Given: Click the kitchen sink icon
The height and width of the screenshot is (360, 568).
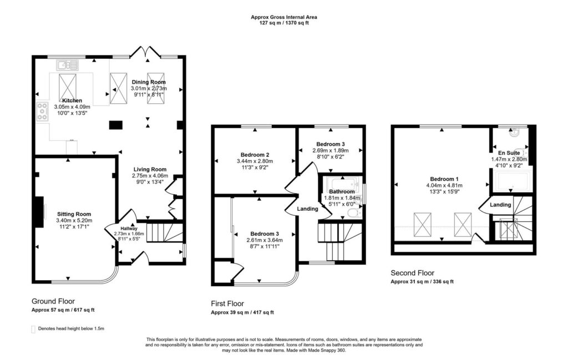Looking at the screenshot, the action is click(x=67, y=65).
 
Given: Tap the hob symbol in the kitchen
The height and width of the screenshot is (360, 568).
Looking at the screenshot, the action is click(x=42, y=111).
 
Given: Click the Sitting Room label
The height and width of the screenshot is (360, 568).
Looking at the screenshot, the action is click(x=74, y=214).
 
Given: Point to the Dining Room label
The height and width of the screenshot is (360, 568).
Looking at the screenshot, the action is click(x=149, y=82).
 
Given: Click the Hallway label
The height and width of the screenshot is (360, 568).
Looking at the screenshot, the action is click(x=129, y=229).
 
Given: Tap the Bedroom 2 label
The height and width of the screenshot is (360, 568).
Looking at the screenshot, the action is click(x=255, y=155).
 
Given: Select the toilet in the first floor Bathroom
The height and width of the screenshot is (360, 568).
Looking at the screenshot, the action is click(x=354, y=214).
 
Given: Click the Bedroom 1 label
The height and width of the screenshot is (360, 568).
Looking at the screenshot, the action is click(x=444, y=179).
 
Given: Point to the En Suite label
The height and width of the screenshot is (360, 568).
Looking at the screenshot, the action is click(x=509, y=153).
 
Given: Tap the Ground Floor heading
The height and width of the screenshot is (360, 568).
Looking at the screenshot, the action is click(x=53, y=301).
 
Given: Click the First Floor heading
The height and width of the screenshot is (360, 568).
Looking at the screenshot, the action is click(x=227, y=303).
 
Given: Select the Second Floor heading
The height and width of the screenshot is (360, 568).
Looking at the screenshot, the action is click(x=412, y=273).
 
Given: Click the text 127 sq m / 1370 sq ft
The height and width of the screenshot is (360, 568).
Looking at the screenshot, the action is click(x=284, y=22).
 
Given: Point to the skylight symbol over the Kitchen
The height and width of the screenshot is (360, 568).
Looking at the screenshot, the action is click(x=68, y=88).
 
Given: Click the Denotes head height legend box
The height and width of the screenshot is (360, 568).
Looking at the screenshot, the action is click(x=33, y=329).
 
